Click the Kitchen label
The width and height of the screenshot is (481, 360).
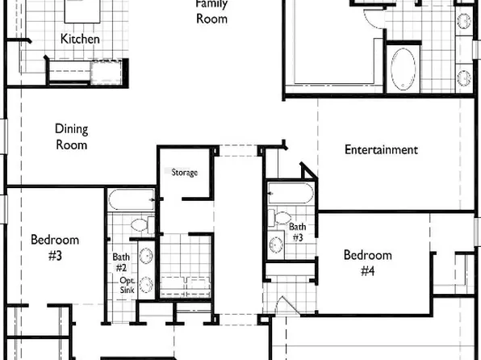pos(81,39)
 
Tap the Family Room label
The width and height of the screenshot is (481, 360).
pos(212,11)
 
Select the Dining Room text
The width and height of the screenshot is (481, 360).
pos(71,137)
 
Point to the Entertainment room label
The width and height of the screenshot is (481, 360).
pos(381,149)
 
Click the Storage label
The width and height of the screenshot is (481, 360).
pos(184,172)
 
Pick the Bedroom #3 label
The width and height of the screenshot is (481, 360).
pos(55,247)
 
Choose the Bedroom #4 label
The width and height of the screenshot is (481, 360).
pos(367,263)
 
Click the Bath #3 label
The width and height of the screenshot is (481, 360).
pos(298,232)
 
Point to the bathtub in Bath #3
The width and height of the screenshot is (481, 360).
pos(291,194)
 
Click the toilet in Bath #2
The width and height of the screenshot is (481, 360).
pos(138,224)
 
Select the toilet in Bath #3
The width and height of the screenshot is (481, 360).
pos(274,218)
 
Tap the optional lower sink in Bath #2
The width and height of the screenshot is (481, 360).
pos(147,284)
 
